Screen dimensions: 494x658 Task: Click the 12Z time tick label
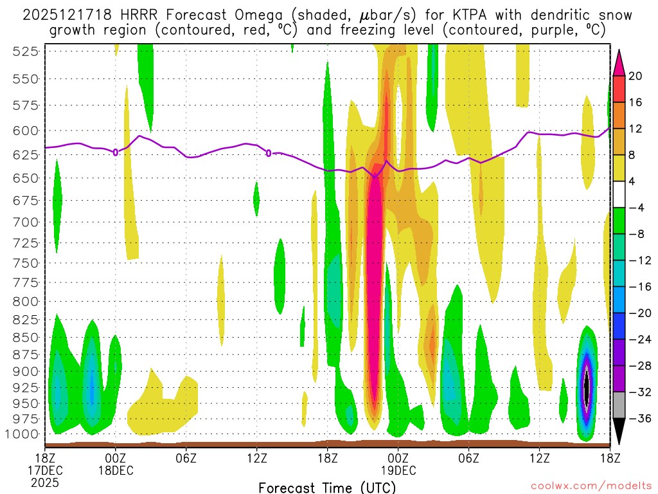[257, 457]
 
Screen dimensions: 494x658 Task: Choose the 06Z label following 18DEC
[186, 457]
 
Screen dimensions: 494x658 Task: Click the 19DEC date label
[398, 470]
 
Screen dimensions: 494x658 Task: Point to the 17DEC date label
[44, 470]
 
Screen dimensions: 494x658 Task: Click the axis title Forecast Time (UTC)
[328, 487]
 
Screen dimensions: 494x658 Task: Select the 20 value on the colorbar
[636, 76]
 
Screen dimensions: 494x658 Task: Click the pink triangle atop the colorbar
[619, 62]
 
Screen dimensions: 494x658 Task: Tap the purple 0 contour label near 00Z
[115, 152]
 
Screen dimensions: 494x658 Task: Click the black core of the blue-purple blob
[586, 387]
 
